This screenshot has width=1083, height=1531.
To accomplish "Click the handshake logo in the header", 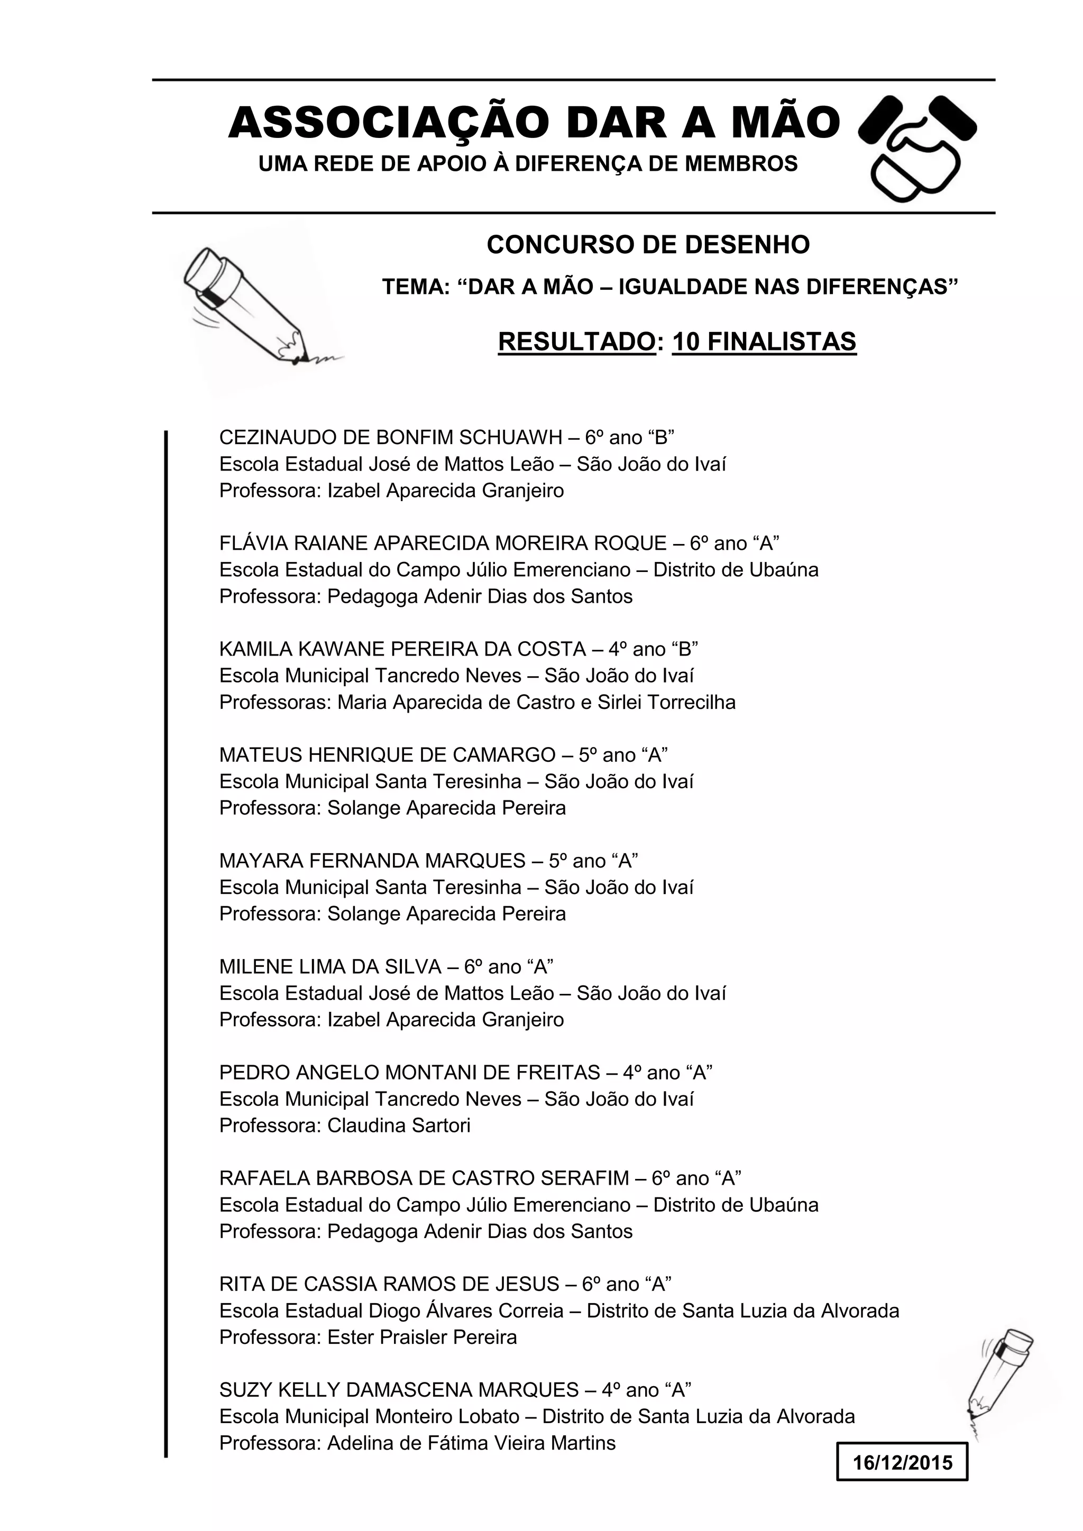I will (917, 148).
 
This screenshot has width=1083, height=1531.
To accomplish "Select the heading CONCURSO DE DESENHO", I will (648, 245).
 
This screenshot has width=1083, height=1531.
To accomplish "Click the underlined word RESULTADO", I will (576, 342).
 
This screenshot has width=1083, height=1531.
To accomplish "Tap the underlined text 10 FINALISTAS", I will (764, 342).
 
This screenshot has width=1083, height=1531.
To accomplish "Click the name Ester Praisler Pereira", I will (421, 1337).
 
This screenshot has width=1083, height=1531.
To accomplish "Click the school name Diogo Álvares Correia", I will (466, 1311).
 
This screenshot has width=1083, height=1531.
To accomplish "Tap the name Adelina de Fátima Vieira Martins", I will (471, 1443).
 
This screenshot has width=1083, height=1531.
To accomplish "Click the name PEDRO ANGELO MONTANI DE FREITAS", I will (409, 1072).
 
